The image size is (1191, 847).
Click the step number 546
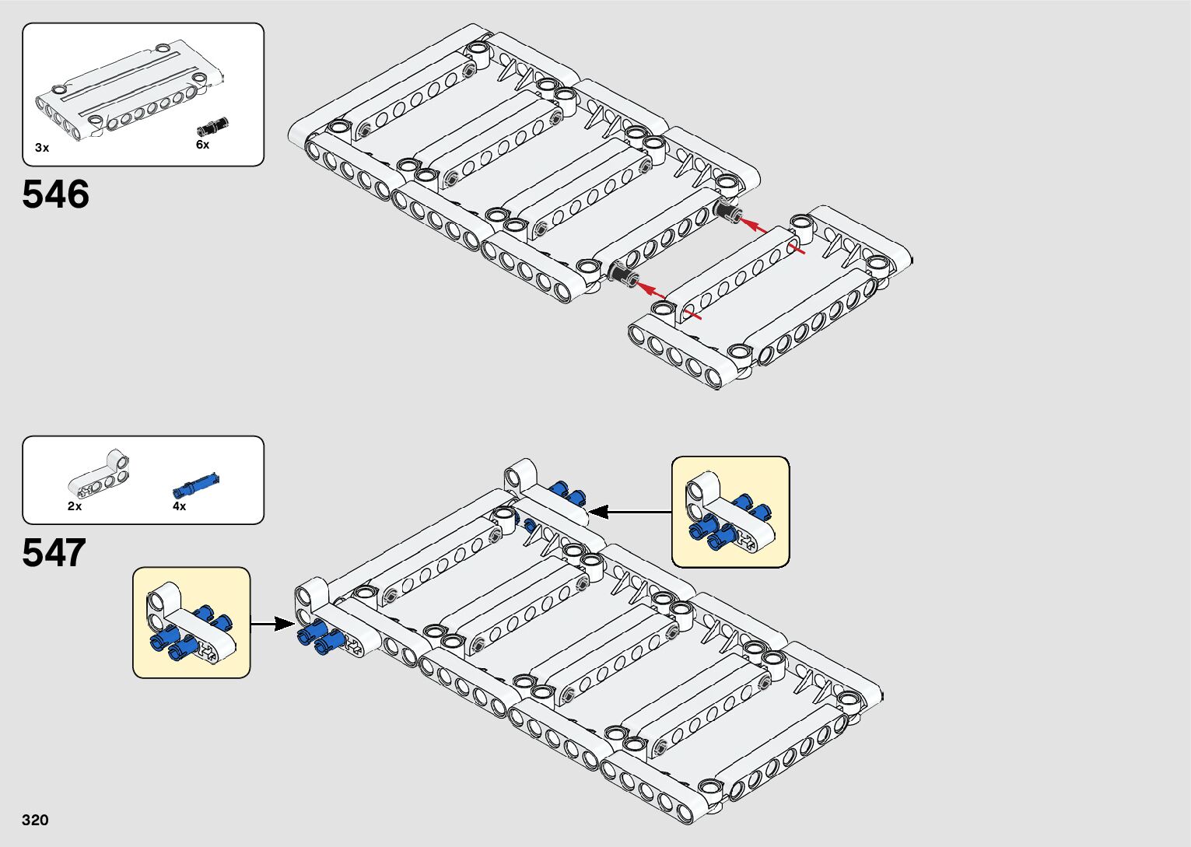click(x=55, y=194)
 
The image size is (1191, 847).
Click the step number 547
click(x=54, y=553)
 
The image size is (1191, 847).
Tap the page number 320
click(x=35, y=820)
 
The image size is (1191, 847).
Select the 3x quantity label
click(x=42, y=148)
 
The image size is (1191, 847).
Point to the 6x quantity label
click(x=202, y=145)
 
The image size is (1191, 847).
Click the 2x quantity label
click(x=75, y=506)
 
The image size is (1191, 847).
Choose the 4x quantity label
click(x=179, y=506)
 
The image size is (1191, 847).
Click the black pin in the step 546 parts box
click(x=213, y=125)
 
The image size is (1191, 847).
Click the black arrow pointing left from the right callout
click(x=630, y=512)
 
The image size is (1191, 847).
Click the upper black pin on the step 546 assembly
click(x=728, y=212)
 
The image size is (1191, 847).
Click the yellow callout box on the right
click(x=730, y=512)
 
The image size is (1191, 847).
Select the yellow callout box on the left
click(x=191, y=622)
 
